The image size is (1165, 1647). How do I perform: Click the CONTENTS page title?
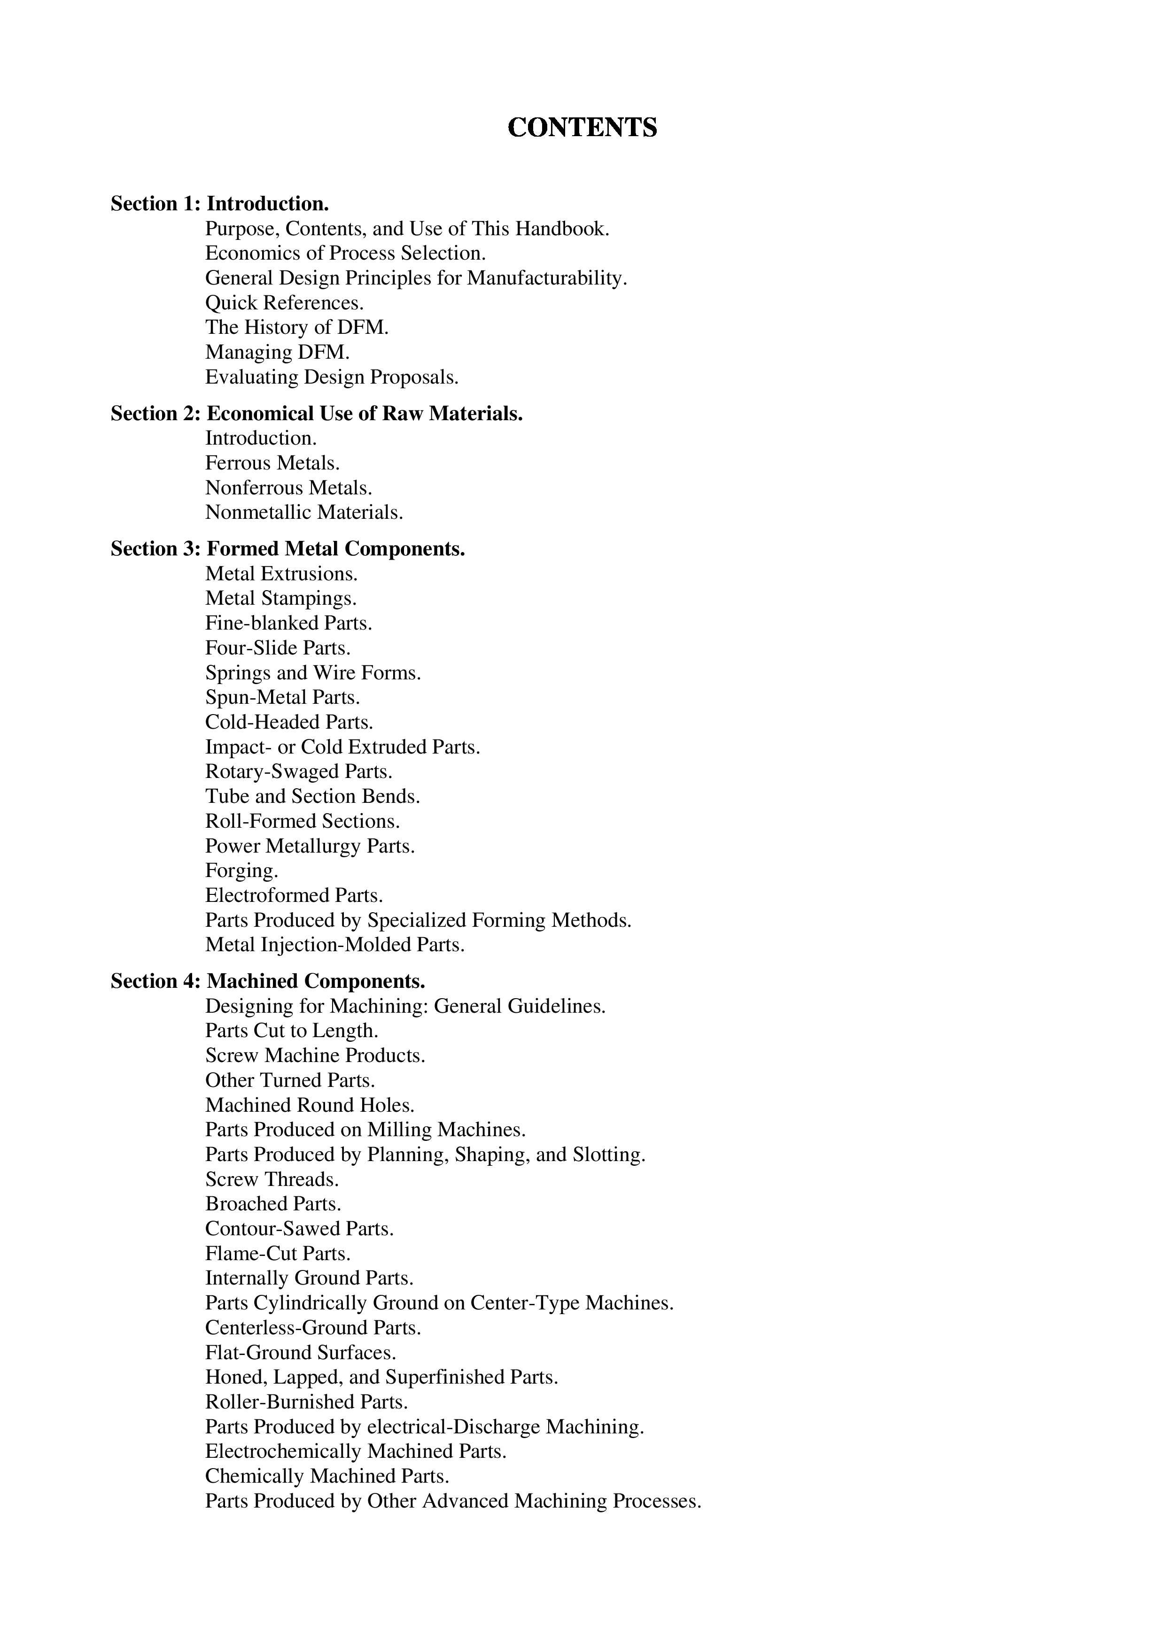coord(582,128)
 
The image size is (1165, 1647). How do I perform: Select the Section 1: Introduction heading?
coord(220,204)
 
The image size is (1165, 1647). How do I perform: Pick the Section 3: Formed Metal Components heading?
coord(288,549)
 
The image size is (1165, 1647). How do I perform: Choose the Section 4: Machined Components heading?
coord(268,981)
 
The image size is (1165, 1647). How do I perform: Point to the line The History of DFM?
coord(296,327)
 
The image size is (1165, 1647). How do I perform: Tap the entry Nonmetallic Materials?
coord(303,512)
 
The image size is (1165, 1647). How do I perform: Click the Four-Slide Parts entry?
coord(278,648)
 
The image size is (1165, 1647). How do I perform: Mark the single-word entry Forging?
coord(241,871)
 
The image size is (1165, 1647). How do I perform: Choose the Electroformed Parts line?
coord(294,895)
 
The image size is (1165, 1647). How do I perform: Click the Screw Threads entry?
coord(272,1179)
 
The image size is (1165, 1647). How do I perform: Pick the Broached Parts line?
coord(273,1204)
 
